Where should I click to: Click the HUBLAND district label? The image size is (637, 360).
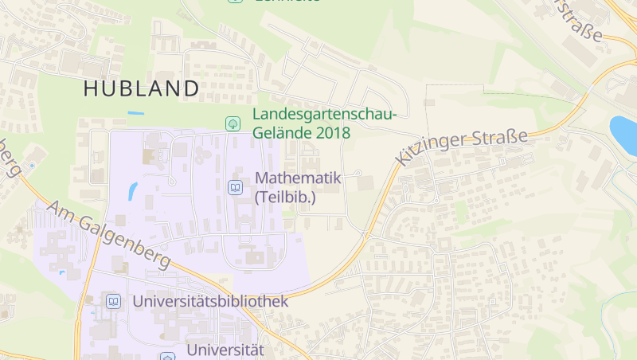(141, 88)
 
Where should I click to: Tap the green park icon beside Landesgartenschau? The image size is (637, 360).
(233, 123)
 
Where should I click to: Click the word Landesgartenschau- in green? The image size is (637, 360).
(325, 114)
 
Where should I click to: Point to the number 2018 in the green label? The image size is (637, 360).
(338, 133)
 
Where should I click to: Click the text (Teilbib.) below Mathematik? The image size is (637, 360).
(285, 197)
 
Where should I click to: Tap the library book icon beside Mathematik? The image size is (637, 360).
(236, 187)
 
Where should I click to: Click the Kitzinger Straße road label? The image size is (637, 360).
(463, 148)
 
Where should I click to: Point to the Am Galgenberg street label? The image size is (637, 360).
(109, 233)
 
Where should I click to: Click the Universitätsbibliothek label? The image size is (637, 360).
(210, 301)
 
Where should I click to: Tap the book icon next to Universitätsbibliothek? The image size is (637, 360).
(114, 301)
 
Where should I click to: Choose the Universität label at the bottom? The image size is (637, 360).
(225, 350)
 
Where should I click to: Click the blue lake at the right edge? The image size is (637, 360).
(623, 134)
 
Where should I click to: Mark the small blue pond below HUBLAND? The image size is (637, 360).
(136, 113)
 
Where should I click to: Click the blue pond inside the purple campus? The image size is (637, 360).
(132, 191)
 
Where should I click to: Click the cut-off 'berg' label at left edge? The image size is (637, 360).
(9, 157)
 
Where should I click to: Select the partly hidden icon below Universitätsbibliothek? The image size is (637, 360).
(167, 356)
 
